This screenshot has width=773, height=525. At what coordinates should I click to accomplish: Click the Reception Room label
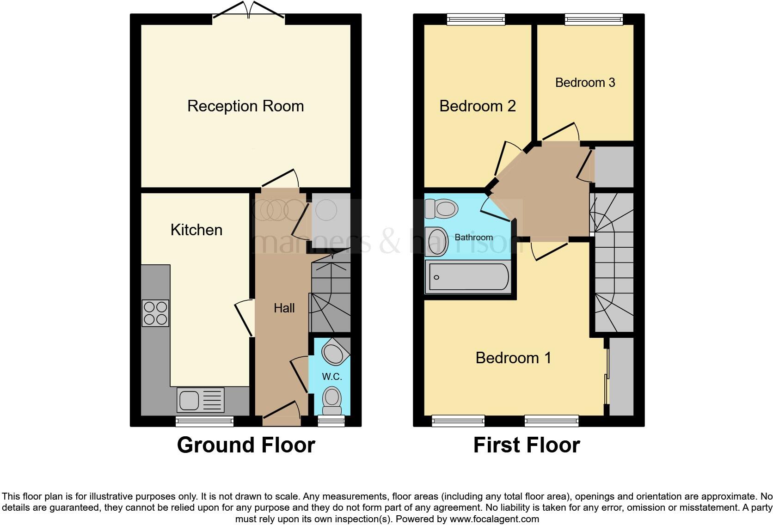pyautogui.click(x=245, y=106)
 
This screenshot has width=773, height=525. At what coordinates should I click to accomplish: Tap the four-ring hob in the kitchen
pyautogui.click(x=155, y=313)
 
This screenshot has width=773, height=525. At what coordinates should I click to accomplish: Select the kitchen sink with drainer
pyautogui.click(x=200, y=400)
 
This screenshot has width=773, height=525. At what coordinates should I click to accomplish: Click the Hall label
pyautogui.click(x=284, y=308)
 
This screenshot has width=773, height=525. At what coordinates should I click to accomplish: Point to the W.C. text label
pyautogui.click(x=332, y=377)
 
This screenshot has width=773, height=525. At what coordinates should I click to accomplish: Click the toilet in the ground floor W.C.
pyautogui.click(x=332, y=400)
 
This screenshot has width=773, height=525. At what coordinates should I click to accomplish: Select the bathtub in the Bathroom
pyautogui.click(x=468, y=277)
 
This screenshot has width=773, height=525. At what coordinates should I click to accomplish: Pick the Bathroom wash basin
pyautogui.click(x=437, y=242)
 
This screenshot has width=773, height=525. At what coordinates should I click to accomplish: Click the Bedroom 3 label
pyautogui.click(x=585, y=83)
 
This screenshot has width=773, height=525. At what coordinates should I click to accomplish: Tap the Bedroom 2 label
pyautogui.click(x=477, y=106)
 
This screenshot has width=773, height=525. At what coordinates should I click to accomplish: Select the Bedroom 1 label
pyautogui.click(x=513, y=358)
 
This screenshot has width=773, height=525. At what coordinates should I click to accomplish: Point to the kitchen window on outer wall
pyautogui.click(x=204, y=421)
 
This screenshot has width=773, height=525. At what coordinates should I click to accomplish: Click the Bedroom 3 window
pyautogui.click(x=594, y=19)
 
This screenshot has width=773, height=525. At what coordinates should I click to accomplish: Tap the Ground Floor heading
pyautogui.click(x=246, y=445)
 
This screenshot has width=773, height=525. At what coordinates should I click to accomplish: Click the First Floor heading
pyautogui.click(x=526, y=445)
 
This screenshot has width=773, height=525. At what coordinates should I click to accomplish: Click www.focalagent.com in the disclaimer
pyautogui.click(x=494, y=519)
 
